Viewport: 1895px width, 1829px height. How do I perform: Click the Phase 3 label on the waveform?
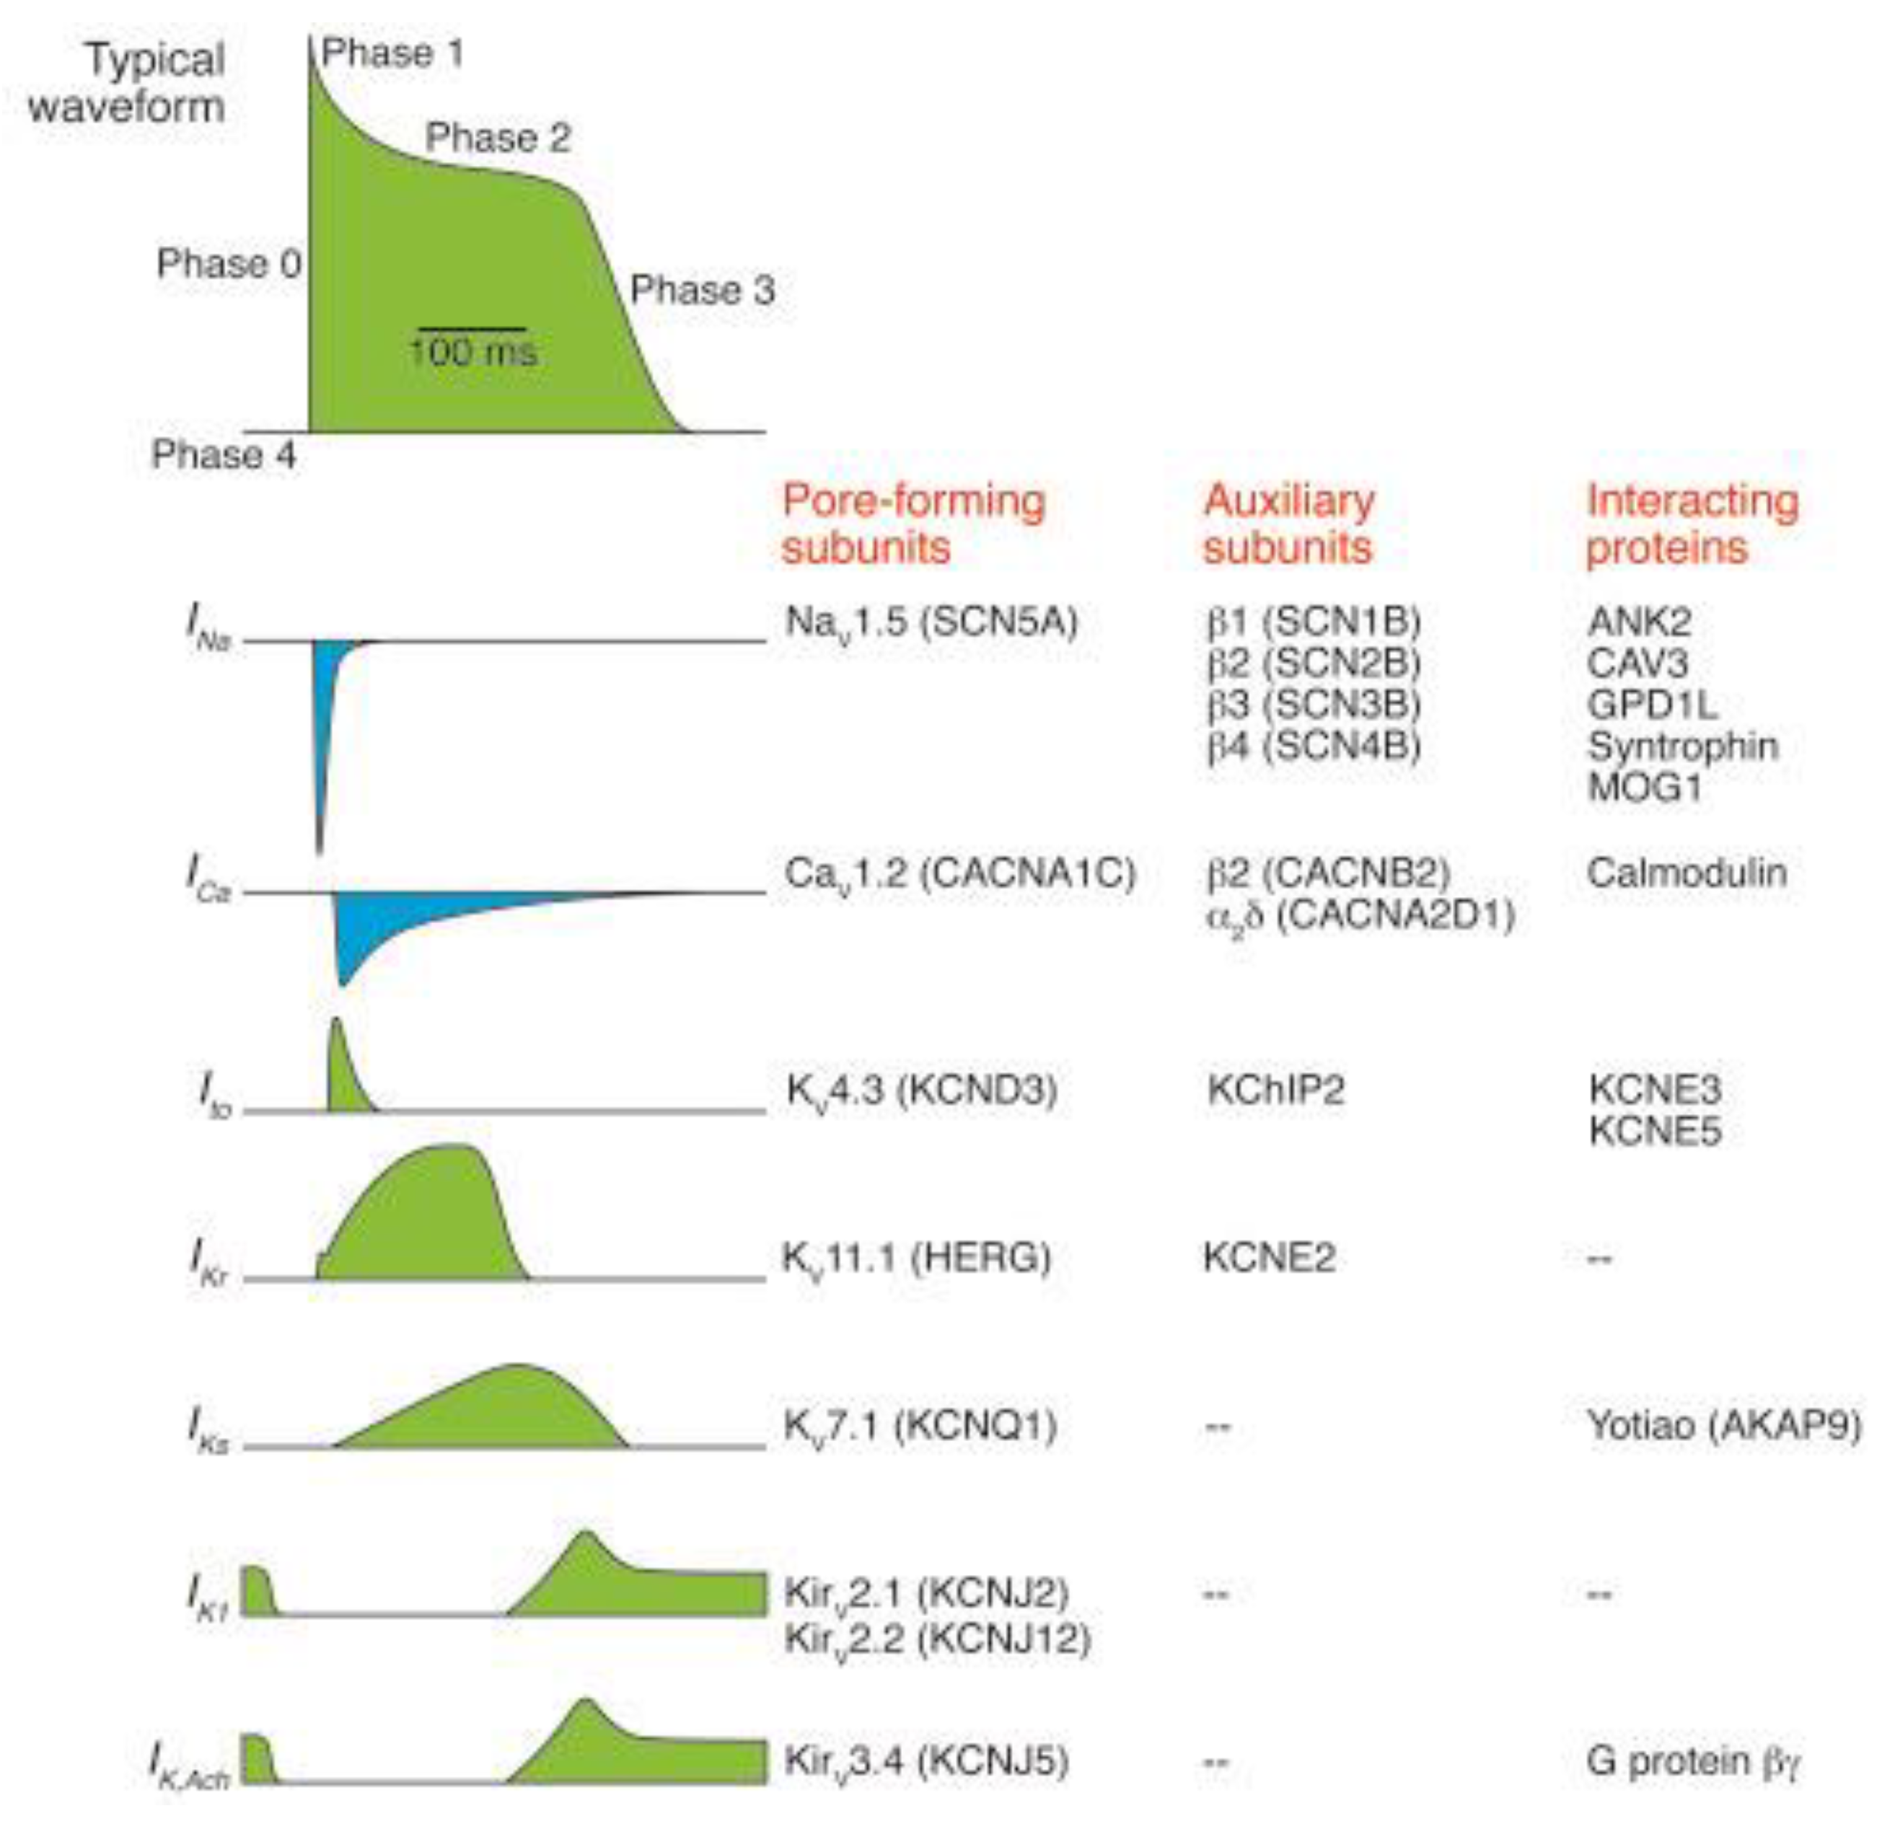pos(702,290)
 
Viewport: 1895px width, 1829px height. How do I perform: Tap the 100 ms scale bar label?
pos(472,351)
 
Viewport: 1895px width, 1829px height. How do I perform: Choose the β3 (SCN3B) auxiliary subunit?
pos(1313,705)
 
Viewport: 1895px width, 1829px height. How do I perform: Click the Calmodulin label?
pos(1686,873)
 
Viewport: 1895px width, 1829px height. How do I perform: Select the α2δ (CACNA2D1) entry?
pos(1359,915)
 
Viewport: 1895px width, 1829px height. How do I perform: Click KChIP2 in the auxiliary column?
pos(1275,1090)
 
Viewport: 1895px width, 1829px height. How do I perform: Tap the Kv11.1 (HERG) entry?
pos(915,1258)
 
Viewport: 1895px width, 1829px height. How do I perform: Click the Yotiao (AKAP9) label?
pos(1723,1425)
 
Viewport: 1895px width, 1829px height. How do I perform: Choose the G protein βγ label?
pos(1692,1761)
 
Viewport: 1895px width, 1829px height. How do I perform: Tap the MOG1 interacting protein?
pos(1644,788)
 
